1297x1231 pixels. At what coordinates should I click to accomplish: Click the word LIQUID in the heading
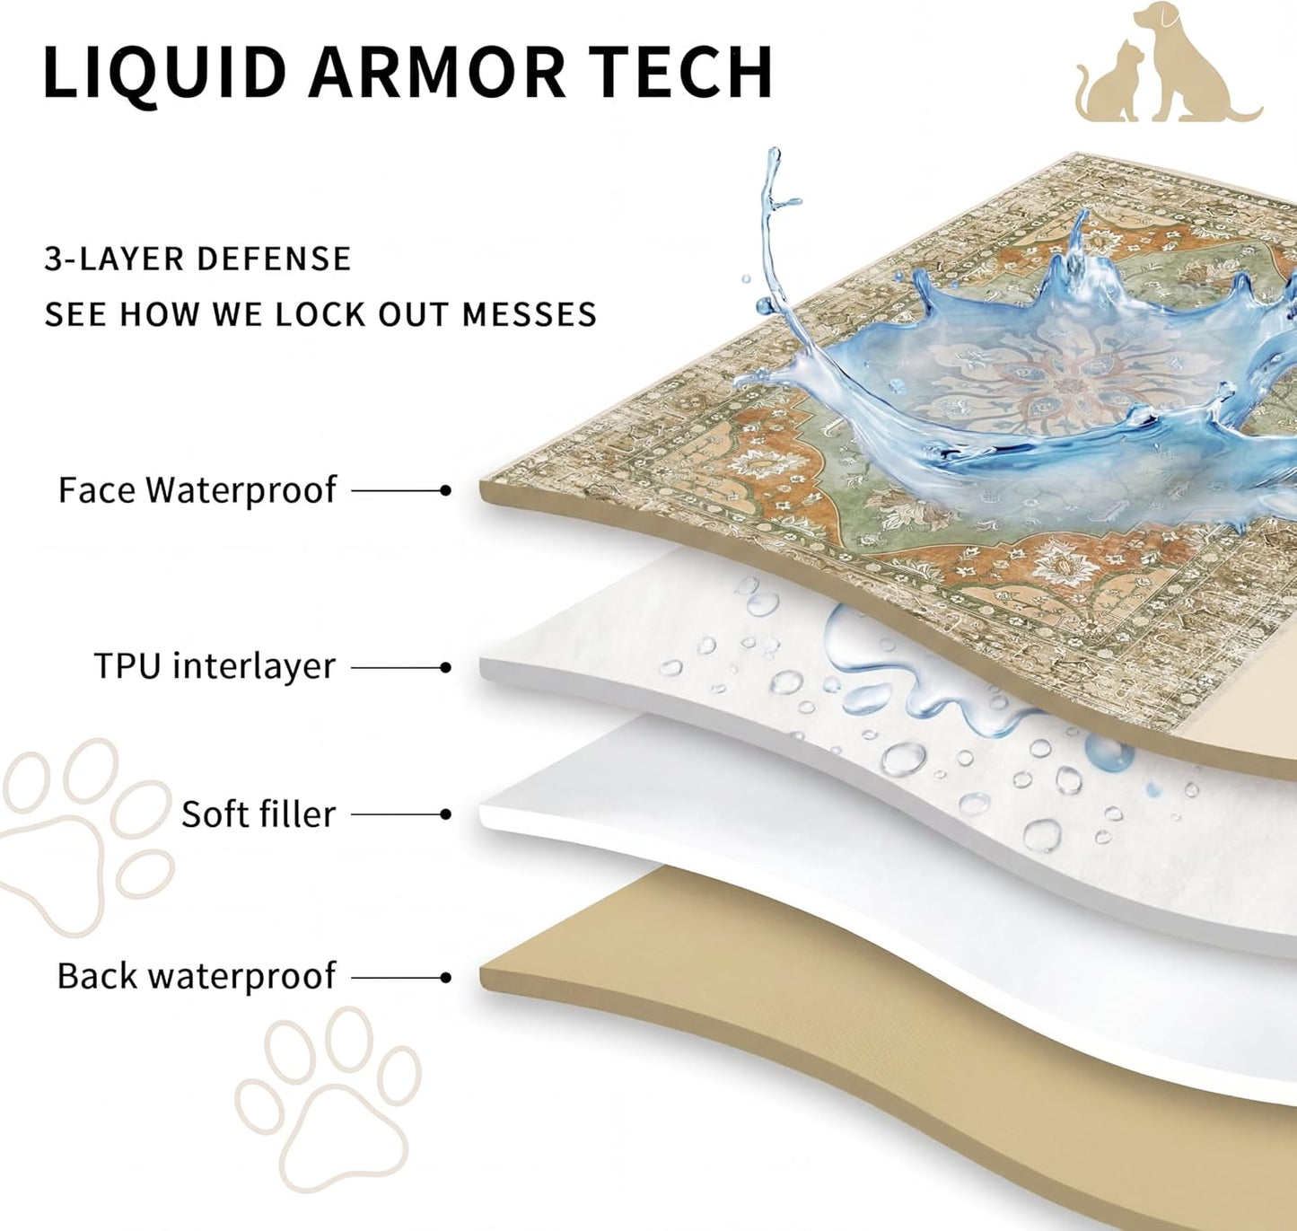click(165, 73)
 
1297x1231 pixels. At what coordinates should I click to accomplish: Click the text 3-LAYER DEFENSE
click(197, 258)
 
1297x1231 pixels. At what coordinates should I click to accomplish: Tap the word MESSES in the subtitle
click(529, 314)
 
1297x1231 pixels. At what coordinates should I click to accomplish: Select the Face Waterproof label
click(197, 490)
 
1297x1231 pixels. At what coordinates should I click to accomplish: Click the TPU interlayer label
click(215, 666)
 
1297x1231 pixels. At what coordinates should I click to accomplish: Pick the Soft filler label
click(258, 813)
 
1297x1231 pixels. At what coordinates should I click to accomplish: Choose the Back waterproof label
click(197, 976)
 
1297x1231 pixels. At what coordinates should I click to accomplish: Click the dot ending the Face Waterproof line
click(446, 490)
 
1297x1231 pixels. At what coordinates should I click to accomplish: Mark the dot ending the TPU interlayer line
click(446, 667)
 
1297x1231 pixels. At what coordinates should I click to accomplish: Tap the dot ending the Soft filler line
click(446, 813)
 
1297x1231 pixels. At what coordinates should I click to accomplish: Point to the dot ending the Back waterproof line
click(446, 977)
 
